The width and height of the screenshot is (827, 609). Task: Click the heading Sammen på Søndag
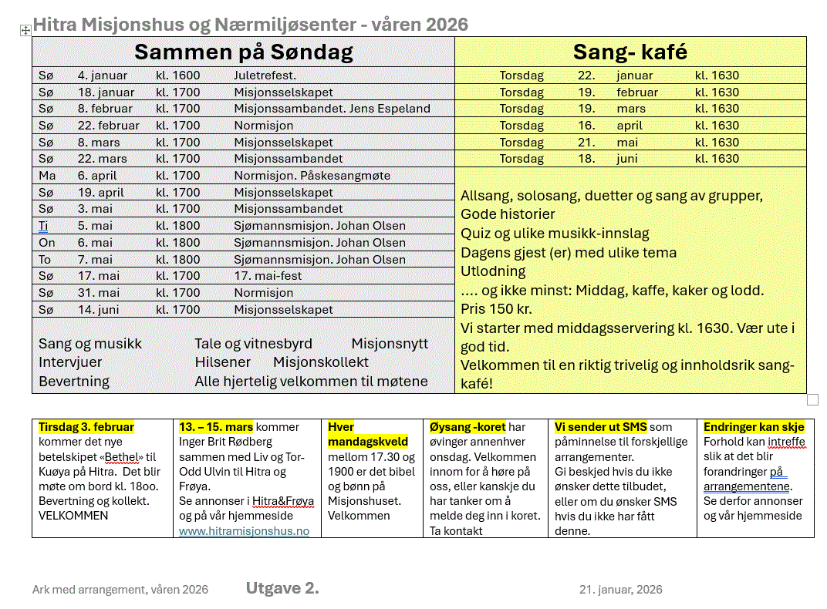pos(243,52)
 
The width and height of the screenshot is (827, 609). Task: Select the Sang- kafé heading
pos(630,52)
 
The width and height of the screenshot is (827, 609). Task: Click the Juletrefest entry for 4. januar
pos(265,76)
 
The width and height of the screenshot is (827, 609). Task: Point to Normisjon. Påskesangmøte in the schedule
pos(312,176)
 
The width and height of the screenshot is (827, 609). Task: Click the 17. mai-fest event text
pos(268,276)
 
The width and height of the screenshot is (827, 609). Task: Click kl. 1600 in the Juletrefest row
pos(177,76)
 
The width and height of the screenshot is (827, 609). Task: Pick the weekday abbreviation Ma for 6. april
pos(47,176)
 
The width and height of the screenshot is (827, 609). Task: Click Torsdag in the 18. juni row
pos(522,159)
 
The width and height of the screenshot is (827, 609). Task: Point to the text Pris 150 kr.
pos(496,309)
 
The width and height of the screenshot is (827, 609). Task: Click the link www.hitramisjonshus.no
pos(244,531)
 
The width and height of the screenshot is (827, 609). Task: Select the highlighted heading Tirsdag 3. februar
pos(86,427)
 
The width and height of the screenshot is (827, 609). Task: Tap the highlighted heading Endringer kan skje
pos(754,427)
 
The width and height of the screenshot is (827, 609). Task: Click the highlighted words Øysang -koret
pos(467,427)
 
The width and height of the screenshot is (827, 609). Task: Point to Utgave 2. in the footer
pos(282,589)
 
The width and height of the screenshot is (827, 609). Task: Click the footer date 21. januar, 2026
pos(620,590)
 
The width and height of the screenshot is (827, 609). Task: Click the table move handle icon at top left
pos(25,30)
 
